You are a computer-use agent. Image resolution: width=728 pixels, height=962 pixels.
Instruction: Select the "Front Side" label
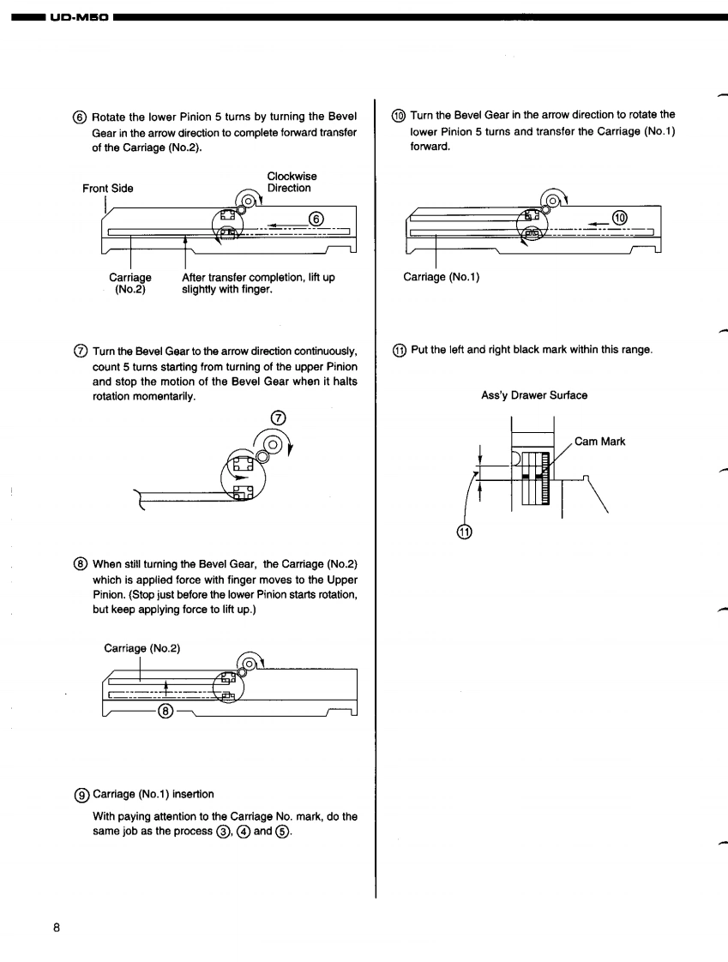point(108,189)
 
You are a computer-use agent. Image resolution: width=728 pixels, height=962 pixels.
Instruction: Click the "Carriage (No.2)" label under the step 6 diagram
point(130,283)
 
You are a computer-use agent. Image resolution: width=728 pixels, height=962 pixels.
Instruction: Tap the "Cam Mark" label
point(599,442)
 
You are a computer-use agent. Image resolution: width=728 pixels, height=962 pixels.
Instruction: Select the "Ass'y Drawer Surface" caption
point(534,395)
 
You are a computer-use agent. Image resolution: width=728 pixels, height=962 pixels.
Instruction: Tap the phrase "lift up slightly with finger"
point(258,283)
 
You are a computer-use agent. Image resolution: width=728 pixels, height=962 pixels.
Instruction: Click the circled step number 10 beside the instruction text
point(400,115)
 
